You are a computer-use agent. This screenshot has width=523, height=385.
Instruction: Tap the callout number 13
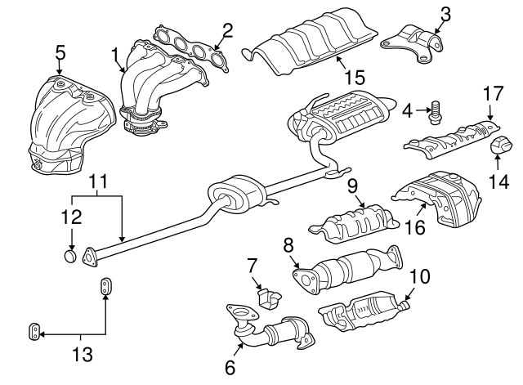(x=82, y=355)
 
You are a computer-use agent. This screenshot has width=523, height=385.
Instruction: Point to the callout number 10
(x=418, y=278)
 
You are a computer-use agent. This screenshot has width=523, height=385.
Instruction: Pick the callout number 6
(x=230, y=368)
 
